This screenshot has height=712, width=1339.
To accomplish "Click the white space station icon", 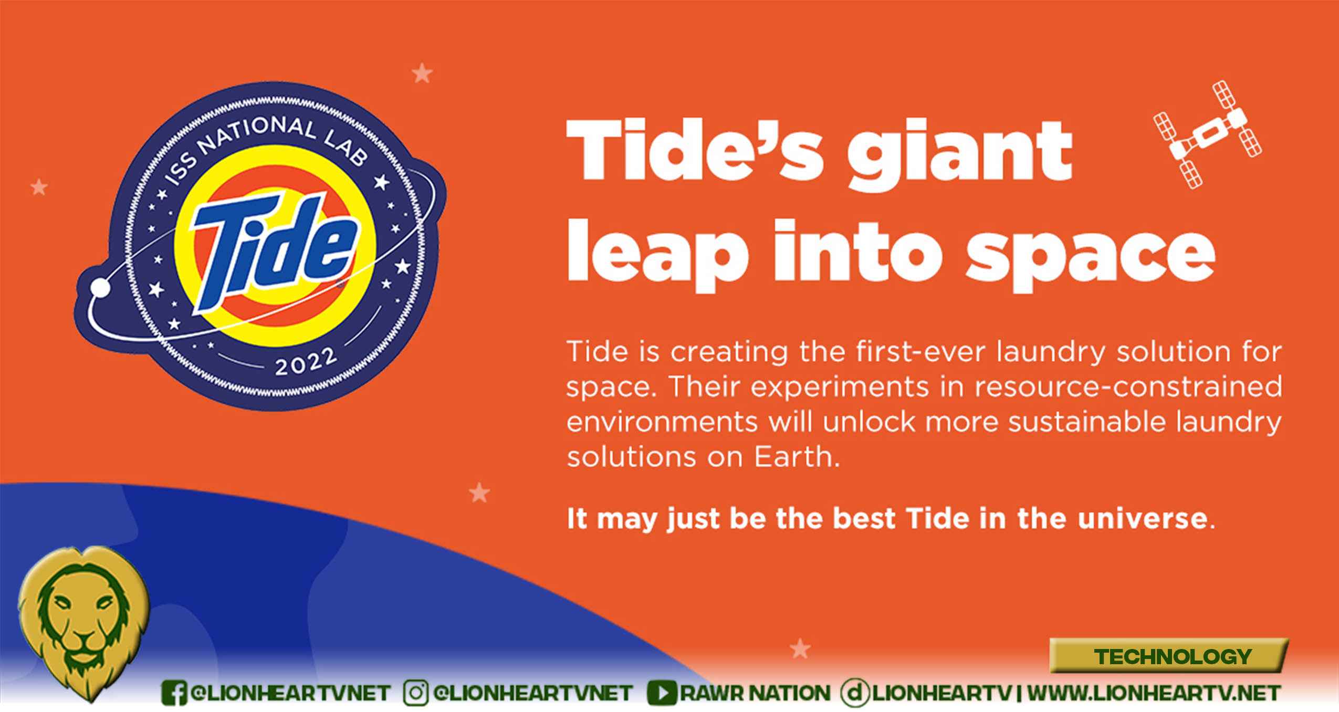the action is coord(1207,134).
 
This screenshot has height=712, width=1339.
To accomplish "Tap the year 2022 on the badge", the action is coord(306,361).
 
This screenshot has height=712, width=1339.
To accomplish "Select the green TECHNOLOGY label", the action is coord(1173,656).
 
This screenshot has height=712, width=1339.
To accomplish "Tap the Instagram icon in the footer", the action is coord(416,693).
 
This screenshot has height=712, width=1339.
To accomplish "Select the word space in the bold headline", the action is coord(1091,255).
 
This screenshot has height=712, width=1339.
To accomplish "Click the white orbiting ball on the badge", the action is coord(100,288).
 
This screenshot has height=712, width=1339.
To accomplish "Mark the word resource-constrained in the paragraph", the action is coord(1128,387).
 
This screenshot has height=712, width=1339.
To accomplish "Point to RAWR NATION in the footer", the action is coord(756,693).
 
